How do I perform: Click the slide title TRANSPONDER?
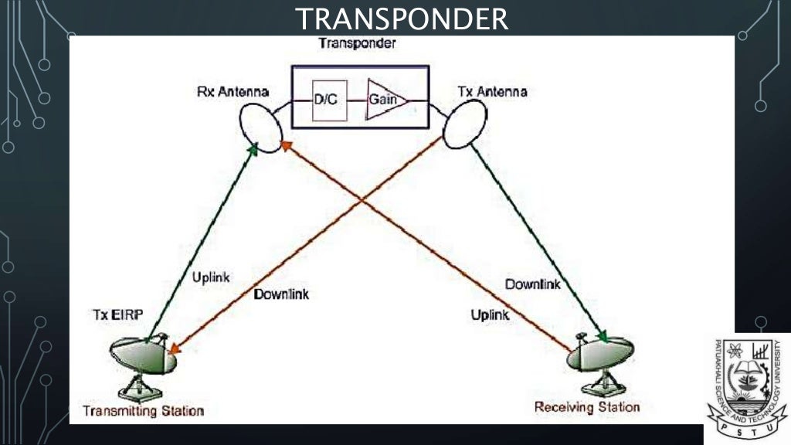click(x=402, y=19)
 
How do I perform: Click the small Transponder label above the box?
click(x=357, y=43)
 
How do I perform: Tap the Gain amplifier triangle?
click(x=382, y=99)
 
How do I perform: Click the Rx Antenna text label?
click(x=233, y=92)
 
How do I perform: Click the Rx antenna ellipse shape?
click(x=261, y=124)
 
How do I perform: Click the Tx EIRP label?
click(x=117, y=315)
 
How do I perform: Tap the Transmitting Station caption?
click(x=144, y=410)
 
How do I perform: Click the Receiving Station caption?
click(x=587, y=406)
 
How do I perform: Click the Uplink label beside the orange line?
click(x=490, y=314)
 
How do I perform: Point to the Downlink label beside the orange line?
click(x=281, y=294)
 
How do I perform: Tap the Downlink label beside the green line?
click(x=532, y=284)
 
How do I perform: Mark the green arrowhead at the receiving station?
click(x=603, y=337)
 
